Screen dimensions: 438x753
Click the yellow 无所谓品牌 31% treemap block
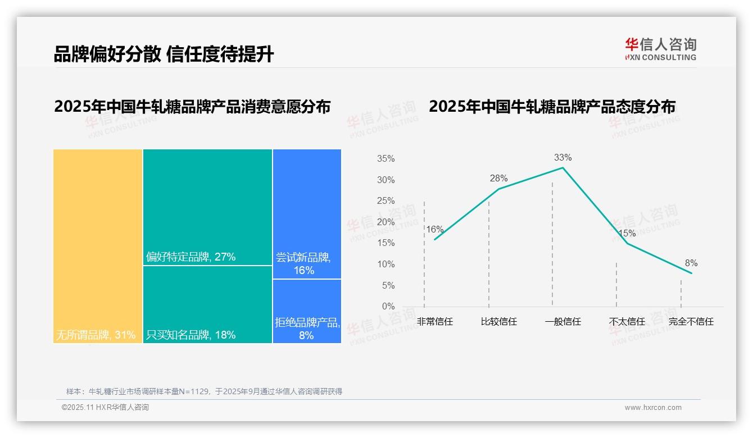point(98,246)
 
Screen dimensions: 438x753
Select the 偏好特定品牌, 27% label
point(191,257)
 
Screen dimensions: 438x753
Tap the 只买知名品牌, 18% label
point(191,335)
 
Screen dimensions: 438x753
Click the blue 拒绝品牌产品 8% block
point(307,311)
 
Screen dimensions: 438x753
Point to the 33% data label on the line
point(563,157)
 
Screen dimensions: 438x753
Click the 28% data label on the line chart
point(498,178)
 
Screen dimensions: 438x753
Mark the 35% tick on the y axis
point(385,159)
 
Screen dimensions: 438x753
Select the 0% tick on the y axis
point(388,307)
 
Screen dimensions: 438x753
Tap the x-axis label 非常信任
point(435,322)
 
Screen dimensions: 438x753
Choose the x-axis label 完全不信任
point(691,322)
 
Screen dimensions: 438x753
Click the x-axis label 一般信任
point(563,322)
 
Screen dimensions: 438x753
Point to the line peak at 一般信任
point(563,167)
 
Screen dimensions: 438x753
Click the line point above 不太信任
point(627,243)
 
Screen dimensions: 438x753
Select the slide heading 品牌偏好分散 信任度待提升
point(164,54)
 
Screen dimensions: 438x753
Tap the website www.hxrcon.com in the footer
point(653,408)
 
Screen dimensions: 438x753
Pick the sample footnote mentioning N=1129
point(204,391)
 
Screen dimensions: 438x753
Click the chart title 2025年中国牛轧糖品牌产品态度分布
point(552,106)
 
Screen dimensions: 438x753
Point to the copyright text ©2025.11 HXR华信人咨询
point(105,408)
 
